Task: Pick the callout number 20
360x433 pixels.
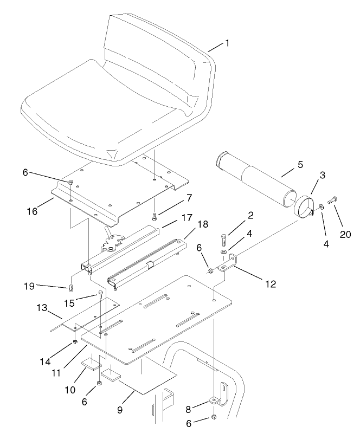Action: [344, 234]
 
